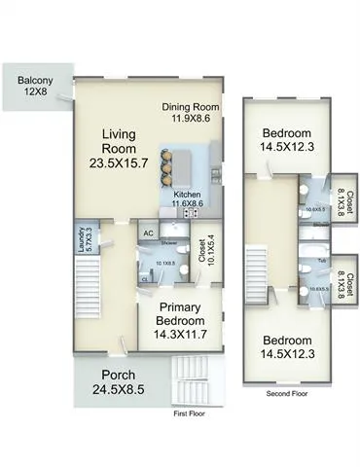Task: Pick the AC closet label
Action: pos(149,233)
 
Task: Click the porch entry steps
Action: pos(195,380)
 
